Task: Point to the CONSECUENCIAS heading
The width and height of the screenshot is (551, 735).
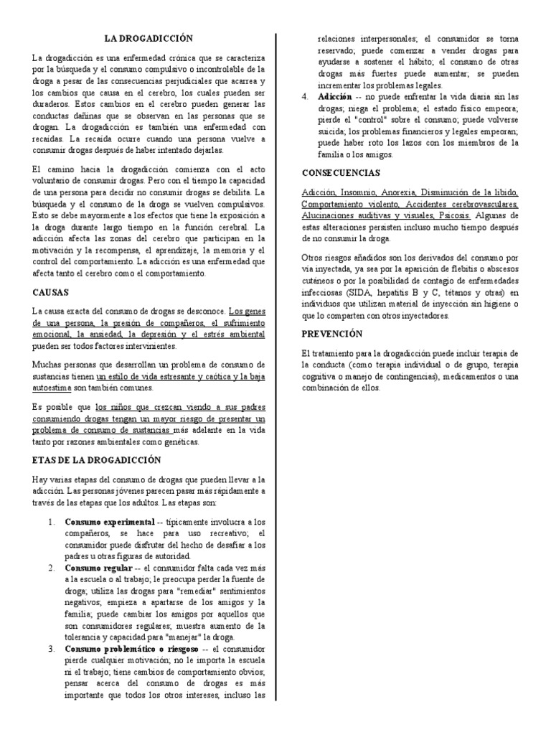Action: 341,173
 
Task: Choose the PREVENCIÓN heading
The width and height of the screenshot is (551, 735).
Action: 332,334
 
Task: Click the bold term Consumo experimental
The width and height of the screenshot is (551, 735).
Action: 109,521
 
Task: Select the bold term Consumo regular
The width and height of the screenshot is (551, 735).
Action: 93,567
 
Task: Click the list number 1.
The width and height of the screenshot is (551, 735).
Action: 52,521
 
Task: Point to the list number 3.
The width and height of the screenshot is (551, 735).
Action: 52,649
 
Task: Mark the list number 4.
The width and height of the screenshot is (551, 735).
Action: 304,96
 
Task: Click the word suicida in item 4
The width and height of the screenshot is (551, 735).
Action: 316,132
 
